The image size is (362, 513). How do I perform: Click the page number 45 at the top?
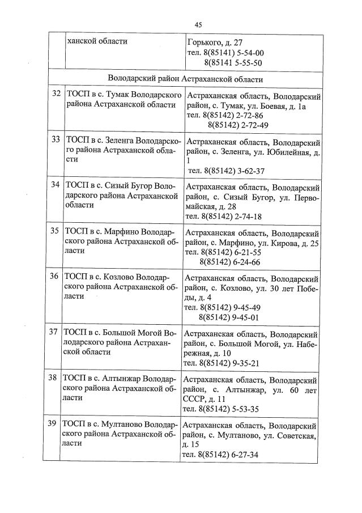(x=198, y=24)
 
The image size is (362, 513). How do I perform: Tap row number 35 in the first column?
(x=55, y=231)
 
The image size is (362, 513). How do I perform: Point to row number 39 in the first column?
(x=54, y=423)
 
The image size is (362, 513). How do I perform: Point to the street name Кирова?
(x=283, y=243)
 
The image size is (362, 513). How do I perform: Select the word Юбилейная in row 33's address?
(x=286, y=152)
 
